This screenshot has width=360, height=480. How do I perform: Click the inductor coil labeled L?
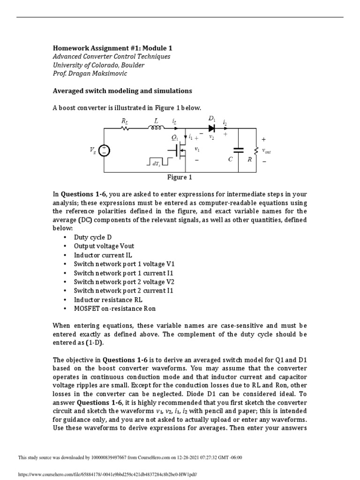[157, 127]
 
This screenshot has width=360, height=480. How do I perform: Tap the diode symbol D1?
[212, 127]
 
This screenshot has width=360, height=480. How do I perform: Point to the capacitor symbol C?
[239, 150]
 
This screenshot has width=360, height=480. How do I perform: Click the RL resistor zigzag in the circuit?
[125, 127]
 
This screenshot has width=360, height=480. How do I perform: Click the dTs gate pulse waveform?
[157, 162]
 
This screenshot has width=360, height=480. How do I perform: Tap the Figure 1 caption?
[180, 177]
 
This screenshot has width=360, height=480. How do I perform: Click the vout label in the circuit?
[266, 151]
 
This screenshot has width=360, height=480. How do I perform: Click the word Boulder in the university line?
[128, 65]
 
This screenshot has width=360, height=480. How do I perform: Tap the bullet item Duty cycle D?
[93, 238]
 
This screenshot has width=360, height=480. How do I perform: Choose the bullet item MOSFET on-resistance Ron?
[114, 308]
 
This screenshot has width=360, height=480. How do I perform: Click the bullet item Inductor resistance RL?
[108, 300]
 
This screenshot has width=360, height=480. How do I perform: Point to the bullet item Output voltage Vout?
[104, 247]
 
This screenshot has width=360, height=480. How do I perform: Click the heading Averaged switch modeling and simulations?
[122, 90]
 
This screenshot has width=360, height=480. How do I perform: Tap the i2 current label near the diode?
[225, 122]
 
